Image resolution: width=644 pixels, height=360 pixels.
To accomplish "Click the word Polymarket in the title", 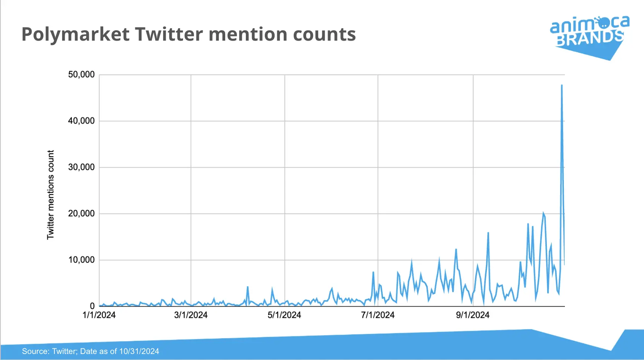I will pos(75,34).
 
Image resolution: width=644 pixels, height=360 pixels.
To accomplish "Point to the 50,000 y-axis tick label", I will pos(81,75).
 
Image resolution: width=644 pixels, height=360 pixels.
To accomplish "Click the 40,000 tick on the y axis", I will pos(81,121).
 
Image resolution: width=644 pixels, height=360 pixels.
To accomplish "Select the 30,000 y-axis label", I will pos(81,167).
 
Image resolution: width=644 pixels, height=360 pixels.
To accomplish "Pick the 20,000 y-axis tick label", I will pos(81,214).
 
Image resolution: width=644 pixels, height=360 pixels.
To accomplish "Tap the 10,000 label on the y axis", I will pos(81,260).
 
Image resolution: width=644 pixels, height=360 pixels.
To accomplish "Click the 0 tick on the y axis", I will pos(92,306).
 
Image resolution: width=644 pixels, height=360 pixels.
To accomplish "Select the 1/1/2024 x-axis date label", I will pos(99,315).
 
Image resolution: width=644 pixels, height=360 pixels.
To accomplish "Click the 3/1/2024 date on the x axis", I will pos(191,315).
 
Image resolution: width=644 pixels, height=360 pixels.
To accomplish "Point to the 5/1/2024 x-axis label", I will pos(284,315).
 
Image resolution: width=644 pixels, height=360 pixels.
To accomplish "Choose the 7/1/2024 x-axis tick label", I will pos(378,315).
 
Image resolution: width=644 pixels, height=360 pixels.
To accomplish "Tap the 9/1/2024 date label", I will pos(473,315).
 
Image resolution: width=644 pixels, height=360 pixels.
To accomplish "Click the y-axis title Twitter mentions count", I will pos(50,195).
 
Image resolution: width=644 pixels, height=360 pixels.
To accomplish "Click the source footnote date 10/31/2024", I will pos(139,351).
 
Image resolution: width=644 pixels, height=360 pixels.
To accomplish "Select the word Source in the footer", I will pos(35,351).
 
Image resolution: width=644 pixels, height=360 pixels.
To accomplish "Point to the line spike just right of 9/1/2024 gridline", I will pos(488,233).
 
